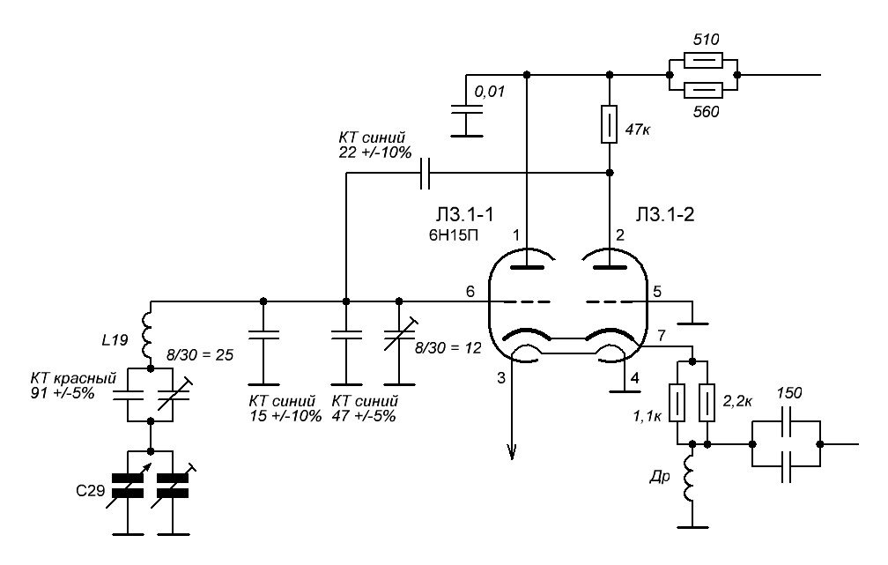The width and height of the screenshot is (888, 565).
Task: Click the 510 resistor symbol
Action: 702,61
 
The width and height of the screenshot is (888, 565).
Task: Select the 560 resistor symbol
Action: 702,90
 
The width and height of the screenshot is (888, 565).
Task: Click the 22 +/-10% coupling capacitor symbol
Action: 425,174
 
